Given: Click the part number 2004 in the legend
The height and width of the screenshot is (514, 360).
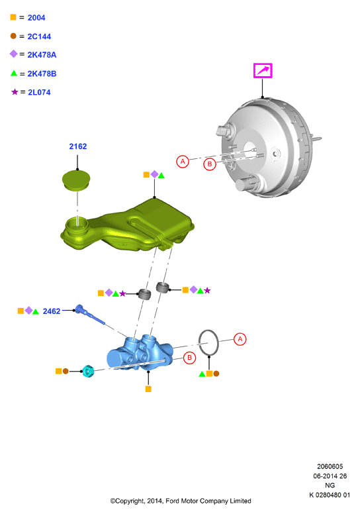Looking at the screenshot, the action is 36,18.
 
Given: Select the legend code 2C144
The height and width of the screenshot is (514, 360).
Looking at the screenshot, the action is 39,36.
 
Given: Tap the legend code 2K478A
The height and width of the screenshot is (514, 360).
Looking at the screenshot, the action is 42,55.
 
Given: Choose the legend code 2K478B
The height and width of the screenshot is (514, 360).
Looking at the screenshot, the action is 42,74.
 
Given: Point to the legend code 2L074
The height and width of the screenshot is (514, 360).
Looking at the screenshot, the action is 39,93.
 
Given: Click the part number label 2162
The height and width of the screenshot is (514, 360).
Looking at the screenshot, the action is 78,146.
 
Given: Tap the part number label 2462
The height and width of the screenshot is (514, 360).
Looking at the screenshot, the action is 52,311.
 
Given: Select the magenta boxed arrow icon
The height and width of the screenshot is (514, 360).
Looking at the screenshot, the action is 263,70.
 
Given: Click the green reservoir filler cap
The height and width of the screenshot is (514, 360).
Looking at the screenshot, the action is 76,180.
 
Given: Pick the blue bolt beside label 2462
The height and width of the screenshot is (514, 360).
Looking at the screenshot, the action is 89,315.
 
